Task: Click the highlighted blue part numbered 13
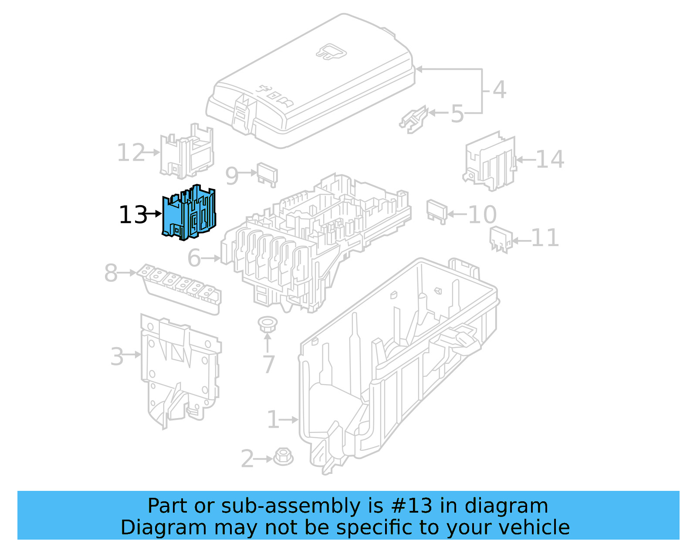[x=189, y=213]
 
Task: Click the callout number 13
[x=133, y=215]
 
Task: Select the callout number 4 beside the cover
[x=499, y=90]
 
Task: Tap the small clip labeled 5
[x=413, y=118]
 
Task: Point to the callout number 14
[x=550, y=159]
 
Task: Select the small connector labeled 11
[x=501, y=239]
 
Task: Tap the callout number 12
[x=131, y=153]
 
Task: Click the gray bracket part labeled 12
[x=187, y=152]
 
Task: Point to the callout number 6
[x=194, y=258]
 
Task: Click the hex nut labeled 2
[x=283, y=457]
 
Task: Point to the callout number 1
[x=273, y=420]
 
